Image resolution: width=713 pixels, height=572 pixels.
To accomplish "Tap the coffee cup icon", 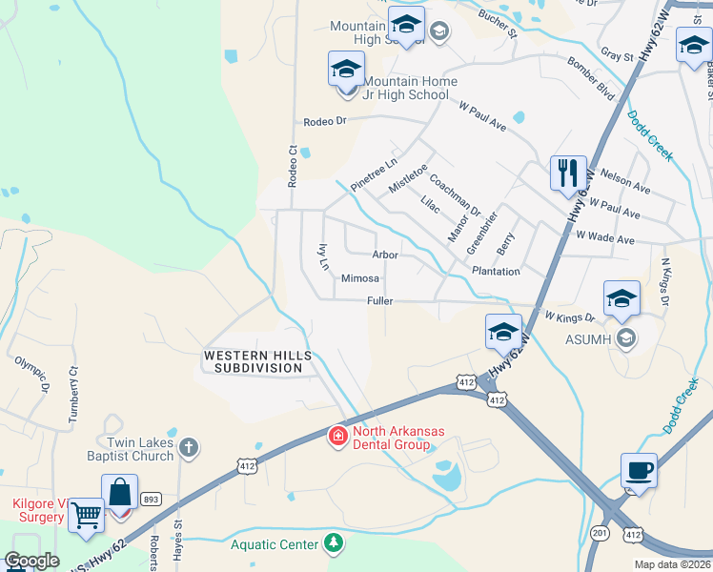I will pyautogui.click(x=639, y=470).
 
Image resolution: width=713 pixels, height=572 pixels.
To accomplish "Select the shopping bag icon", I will pyautogui.click(x=119, y=492).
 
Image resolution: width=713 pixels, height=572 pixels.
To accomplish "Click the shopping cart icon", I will pyautogui.click(x=87, y=516).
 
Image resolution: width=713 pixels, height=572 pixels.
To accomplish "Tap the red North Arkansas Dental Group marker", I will pyautogui.click(x=337, y=437).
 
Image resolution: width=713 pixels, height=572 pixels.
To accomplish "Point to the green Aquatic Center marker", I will pyautogui.click(x=333, y=543).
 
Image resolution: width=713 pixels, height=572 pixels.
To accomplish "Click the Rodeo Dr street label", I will pyautogui.click(x=324, y=122).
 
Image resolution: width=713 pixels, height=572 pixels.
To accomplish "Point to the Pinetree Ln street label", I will pyautogui.click(x=372, y=169).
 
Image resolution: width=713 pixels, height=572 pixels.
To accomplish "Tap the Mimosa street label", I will pyautogui.click(x=360, y=278).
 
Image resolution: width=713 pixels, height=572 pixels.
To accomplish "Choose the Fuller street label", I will pyautogui.click(x=380, y=301).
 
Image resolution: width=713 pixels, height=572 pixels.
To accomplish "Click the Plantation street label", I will pyautogui.click(x=496, y=272).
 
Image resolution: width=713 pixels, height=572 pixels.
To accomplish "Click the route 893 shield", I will pyautogui.click(x=152, y=499).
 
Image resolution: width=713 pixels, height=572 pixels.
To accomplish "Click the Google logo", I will pyautogui.click(x=31, y=561).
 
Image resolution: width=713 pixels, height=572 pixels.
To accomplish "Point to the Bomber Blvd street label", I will pyautogui.click(x=592, y=77).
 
